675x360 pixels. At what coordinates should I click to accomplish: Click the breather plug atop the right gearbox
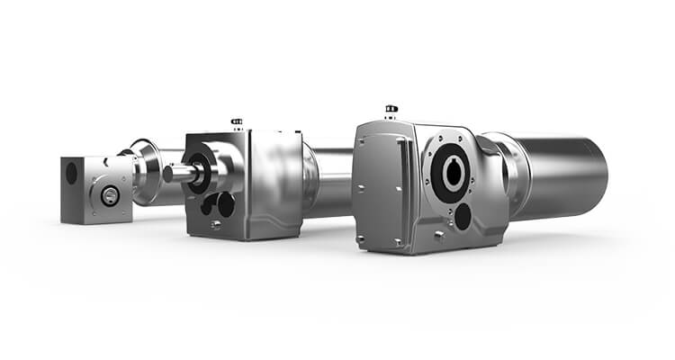pos(391,112)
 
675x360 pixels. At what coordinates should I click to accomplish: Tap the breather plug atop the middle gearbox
pos(237,122)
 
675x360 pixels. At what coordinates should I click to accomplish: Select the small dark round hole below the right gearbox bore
pos(463,216)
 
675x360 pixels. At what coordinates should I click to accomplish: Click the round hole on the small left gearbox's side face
pos(71,173)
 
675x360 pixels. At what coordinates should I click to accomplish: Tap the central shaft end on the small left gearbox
pos(110,195)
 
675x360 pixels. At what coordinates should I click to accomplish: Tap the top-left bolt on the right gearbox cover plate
pos(359,144)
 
